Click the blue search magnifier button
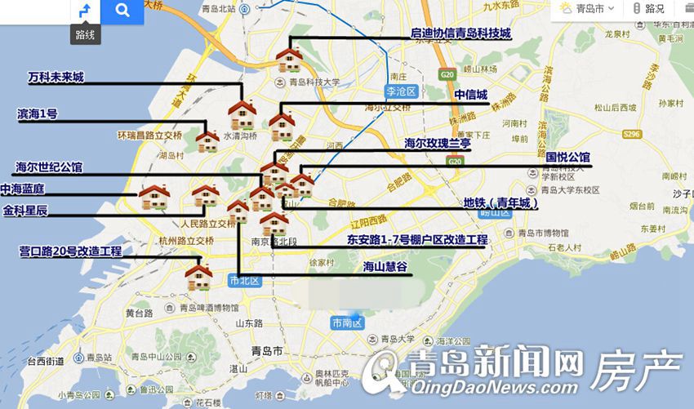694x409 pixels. click(x=122, y=11)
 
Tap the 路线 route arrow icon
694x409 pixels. click(x=84, y=11)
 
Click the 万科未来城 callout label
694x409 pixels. click(x=56, y=78)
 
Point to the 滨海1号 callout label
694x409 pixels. click(x=38, y=113)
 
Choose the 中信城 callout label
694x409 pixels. click(x=470, y=94)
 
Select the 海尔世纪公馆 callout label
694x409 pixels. click(x=49, y=167)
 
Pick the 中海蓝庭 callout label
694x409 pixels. click(x=23, y=189)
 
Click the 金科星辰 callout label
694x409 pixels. click(x=25, y=211)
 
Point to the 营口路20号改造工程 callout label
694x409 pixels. click(x=70, y=251)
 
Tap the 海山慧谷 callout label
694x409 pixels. click(x=385, y=266)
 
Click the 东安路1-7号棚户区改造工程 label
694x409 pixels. click(x=416, y=240)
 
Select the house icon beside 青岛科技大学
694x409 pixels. click(x=290, y=58)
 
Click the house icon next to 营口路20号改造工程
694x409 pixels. click(x=198, y=276)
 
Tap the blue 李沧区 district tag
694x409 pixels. click(x=401, y=91)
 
